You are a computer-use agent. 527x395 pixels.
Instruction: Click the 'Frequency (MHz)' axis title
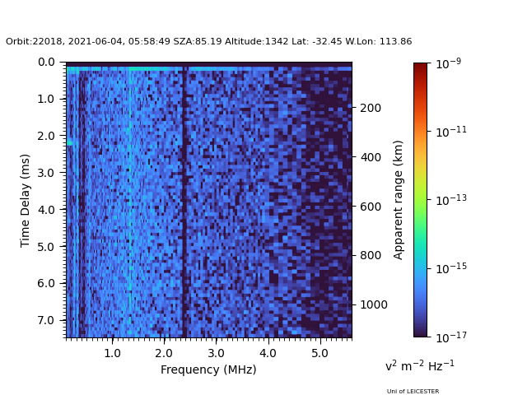[208, 369]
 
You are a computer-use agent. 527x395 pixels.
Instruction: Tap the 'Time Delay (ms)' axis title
[26, 200]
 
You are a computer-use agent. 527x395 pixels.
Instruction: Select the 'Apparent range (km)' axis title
[399, 200]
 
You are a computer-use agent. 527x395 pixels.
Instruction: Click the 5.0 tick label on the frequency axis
[319, 353]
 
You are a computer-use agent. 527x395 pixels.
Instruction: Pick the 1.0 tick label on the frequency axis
[112, 353]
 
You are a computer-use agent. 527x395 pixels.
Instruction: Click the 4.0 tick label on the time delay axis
[46, 209]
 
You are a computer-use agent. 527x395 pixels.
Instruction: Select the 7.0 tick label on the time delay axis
[46, 320]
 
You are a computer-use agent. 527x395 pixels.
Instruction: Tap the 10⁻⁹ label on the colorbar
[450, 63]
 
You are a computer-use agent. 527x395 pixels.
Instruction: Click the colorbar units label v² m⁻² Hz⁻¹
[419, 365]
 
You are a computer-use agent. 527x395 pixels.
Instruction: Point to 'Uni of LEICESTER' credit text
[413, 392]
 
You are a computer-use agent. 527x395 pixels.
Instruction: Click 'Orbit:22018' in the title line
[30, 42]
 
